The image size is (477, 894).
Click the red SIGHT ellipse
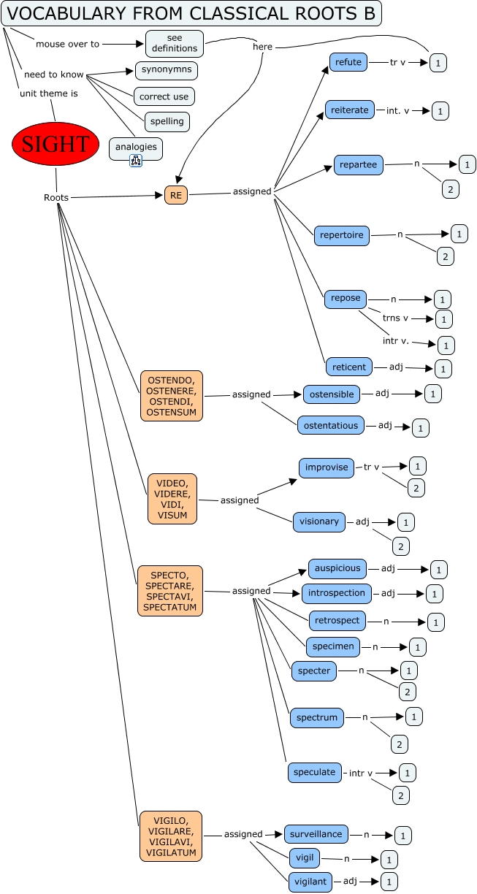56,144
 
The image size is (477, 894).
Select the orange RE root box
176,195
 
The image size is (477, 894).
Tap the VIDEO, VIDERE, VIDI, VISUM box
172,499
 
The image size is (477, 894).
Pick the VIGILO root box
171,836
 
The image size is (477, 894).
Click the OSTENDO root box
172,396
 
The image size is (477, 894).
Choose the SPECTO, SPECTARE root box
170,590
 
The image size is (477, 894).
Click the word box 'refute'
348,62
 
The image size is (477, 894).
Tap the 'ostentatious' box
331,425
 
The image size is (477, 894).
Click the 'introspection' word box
337,593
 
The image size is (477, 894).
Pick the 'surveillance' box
316,833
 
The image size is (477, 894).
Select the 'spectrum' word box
317,717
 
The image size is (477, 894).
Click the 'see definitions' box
175,43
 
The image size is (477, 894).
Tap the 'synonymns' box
167,70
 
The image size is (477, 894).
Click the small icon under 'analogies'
136,161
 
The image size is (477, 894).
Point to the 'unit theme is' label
48,93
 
